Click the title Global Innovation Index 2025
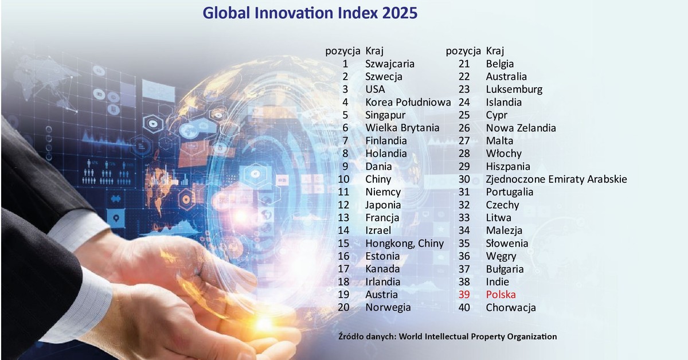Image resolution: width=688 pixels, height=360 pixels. coord(310,13)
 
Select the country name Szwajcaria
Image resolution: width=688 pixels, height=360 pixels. coord(389,64)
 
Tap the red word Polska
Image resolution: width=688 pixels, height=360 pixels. coord(501,295)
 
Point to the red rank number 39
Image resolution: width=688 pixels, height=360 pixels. coord(464,295)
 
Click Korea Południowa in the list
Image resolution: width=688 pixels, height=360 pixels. coord(408,102)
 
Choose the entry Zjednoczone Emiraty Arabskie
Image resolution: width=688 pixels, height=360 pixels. coord(556,179)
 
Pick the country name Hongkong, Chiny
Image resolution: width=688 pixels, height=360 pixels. coord(404,243)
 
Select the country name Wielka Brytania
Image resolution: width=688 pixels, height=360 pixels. coord(402,127)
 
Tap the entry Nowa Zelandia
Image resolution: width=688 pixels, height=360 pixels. coord(521,128)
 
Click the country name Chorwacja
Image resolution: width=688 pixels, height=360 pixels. coord(510,307)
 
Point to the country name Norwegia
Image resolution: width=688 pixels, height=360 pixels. coord(388,307)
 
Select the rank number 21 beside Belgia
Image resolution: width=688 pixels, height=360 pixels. coord(464,64)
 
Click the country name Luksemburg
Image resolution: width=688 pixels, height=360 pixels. coord(514,89)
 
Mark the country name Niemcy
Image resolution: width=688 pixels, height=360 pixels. coord(383,191)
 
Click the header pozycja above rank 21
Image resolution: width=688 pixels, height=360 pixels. coord(463,50)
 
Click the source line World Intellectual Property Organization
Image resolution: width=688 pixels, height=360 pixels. coord(447,336)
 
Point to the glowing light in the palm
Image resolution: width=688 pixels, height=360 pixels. coord(264,324)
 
